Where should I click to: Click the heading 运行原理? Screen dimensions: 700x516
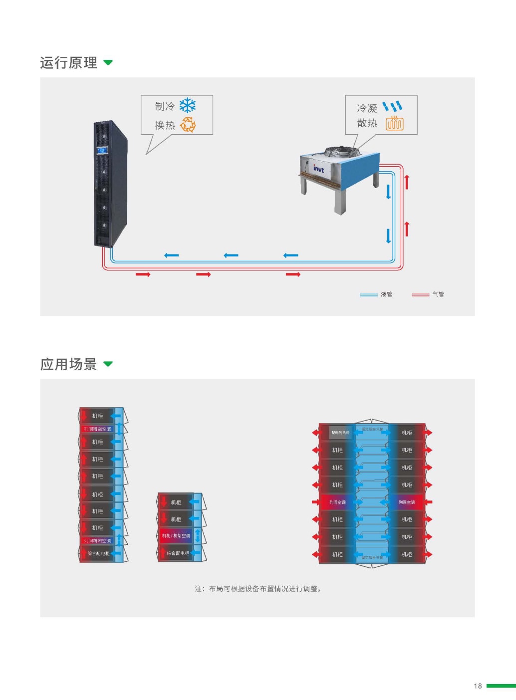coord(68,63)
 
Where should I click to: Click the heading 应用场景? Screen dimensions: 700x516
coord(68,364)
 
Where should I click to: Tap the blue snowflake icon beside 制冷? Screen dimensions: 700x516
coord(188,106)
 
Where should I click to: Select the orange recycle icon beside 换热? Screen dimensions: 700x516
coord(188,125)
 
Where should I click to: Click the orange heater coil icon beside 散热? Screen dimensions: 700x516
coord(394,123)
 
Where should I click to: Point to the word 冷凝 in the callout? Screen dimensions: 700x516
coord(367,108)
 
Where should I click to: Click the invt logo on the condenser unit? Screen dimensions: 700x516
coord(318,169)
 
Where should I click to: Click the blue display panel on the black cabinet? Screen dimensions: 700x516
coord(102,150)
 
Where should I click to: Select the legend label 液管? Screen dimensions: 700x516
coord(387,294)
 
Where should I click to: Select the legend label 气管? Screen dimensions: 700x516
coord(438,294)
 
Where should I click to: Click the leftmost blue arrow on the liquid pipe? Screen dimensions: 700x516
coord(171,255)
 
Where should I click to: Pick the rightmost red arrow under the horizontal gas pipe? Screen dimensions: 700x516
coord(293,274)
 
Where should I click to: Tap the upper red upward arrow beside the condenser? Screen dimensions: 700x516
coord(407,182)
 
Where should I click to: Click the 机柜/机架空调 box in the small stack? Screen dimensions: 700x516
coord(176,536)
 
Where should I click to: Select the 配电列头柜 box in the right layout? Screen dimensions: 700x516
coord(340,433)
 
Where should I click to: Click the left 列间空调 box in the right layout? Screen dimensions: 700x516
coord(337,502)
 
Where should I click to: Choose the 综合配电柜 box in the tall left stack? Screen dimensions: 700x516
coord(98,553)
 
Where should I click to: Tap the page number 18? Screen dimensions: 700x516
coord(478,686)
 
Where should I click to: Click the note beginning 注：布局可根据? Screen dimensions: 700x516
coord(258,589)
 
